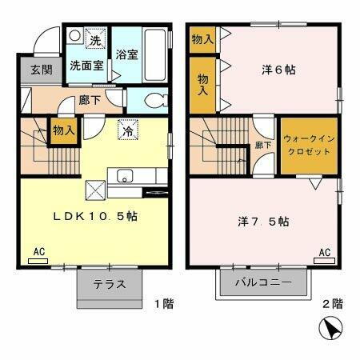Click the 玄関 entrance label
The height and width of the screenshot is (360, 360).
click(41, 70)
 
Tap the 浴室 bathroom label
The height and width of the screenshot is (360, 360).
click(126, 57)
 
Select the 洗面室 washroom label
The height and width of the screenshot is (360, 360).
click(86, 66)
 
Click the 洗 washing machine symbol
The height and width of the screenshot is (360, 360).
click(94, 40)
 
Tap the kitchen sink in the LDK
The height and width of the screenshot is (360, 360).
click(126, 177)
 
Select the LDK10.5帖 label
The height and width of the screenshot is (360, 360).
click(95, 216)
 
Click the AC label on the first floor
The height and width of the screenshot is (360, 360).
click(38, 253)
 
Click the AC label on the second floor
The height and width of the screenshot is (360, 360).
click(325, 253)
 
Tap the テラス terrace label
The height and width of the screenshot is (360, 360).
click(109, 283)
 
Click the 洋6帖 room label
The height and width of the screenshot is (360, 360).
click(279, 70)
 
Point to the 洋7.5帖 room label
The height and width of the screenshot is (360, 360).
click(262, 220)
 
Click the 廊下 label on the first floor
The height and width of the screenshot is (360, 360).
click(90, 102)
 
